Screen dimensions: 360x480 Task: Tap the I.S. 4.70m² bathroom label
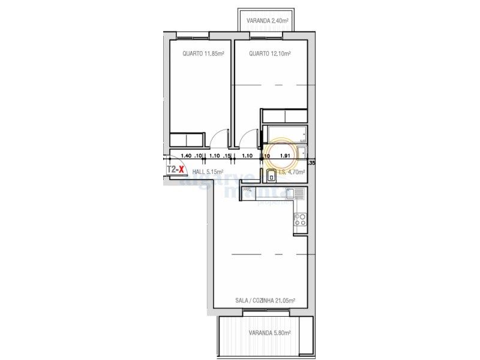[x=292, y=172]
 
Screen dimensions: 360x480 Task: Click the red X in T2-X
[x=181, y=169]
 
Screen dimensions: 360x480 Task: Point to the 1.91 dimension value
[x=286, y=156]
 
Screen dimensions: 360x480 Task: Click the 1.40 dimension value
[x=185, y=156]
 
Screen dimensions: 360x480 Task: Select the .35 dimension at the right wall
[x=311, y=163]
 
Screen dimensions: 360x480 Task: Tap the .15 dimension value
[x=227, y=156]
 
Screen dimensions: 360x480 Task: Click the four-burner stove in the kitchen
[x=299, y=220]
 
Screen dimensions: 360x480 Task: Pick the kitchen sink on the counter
[x=295, y=194]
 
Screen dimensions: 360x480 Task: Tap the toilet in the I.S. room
[x=271, y=176]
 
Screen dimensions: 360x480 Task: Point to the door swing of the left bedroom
[x=218, y=139]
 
